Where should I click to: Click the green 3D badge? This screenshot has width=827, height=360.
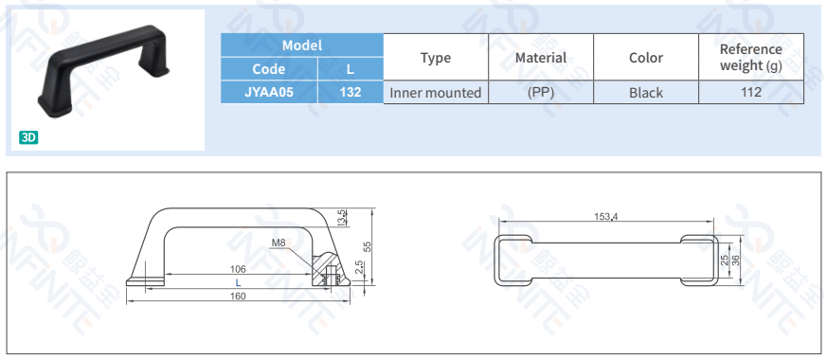click(28, 137)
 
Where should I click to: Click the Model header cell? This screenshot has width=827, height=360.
click(301, 45)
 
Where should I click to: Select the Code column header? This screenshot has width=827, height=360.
click(269, 69)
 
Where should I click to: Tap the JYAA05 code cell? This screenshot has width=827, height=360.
click(269, 92)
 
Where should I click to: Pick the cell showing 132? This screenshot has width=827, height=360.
click(351, 92)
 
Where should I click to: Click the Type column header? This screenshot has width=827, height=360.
click(436, 58)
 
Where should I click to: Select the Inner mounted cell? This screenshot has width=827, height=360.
click(436, 93)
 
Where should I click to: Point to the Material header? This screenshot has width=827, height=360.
click(541, 58)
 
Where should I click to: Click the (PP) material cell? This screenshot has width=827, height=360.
click(541, 93)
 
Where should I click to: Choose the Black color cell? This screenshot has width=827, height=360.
click(645, 93)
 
